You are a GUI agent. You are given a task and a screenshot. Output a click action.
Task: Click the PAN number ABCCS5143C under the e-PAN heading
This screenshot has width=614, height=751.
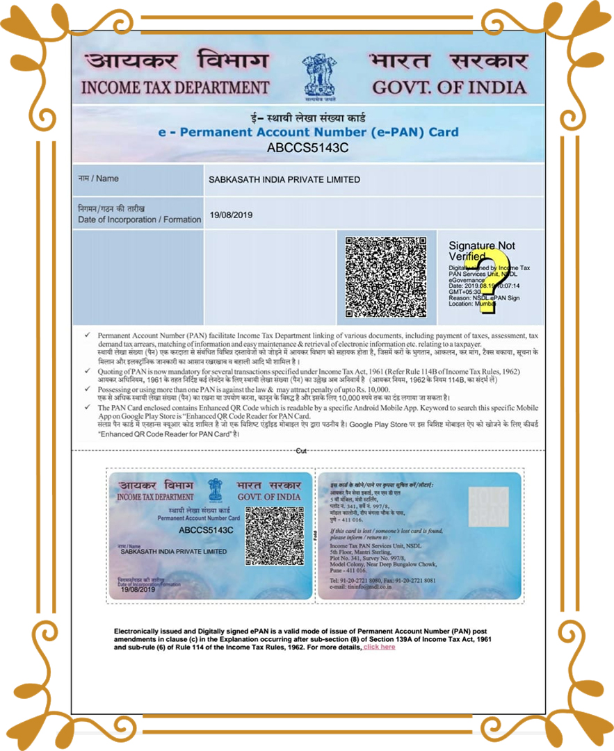pos(307,147)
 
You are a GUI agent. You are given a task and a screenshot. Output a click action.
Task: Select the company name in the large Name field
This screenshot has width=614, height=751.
pos(284,179)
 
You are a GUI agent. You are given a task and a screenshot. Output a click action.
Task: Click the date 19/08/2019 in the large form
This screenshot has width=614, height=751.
pos(231,215)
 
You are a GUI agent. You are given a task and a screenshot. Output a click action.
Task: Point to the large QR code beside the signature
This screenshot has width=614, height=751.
pos(386,277)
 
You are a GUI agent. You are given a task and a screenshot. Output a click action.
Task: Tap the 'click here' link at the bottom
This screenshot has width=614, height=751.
pos(379,647)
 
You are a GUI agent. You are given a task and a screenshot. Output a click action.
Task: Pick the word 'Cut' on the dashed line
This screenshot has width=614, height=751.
pos(301,451)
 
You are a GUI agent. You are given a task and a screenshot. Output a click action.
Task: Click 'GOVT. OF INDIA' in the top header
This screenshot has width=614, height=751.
pos(449,88)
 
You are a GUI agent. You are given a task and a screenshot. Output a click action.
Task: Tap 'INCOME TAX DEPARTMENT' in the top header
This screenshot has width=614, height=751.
pos(175,88)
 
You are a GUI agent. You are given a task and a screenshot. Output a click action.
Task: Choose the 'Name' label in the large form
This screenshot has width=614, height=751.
pos(98,179)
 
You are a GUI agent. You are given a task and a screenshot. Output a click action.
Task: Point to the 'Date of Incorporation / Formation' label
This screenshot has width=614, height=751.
pos(139,220)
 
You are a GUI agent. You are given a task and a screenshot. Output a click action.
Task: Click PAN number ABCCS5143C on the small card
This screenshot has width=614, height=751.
pos(206,530)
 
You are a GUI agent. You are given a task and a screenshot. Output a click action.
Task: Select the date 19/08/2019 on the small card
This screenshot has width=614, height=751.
pos(138,589)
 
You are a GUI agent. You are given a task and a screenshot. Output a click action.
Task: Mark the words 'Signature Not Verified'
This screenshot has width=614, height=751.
pos(481,251)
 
